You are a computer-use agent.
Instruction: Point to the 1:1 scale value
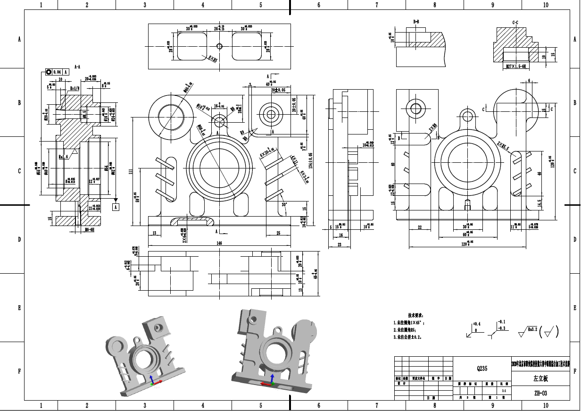[505, 391]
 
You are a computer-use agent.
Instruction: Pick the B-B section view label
[416, 22]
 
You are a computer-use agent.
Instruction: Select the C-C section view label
[515, 22]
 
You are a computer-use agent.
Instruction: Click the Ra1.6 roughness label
[64, 156]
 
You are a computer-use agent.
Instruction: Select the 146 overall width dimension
[219, 243]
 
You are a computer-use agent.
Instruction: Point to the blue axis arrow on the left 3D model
[151, 379]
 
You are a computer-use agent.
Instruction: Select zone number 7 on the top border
[377, 5]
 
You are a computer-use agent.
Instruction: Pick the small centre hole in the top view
[219, 46]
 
